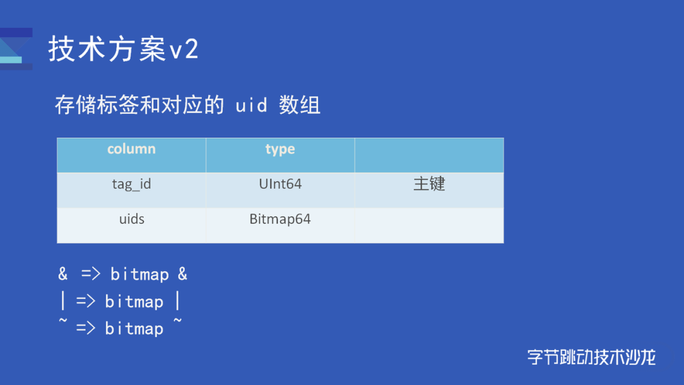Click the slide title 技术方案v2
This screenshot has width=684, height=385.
(x=124, y=49)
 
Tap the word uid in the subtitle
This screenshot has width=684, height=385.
(x=251, y=105)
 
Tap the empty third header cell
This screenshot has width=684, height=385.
(x=429, y=155)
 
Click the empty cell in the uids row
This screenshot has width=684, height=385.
(x=429, y=225)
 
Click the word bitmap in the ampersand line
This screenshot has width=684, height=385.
(x=139, y=275)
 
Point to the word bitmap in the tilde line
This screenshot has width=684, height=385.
(x=134, y=329)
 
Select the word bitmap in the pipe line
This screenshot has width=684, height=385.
(x=134, y=302)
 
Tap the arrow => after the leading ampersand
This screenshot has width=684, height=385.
(x=91, y=275)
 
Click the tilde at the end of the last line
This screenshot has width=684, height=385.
(x=178, y=322)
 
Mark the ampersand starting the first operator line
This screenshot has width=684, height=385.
(x=63, y=274)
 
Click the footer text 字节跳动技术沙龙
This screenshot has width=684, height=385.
(x=592, y=357)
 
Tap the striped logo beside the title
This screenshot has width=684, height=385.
(x=16, y=48)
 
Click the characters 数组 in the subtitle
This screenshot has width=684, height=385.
(x=300, y=105)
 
